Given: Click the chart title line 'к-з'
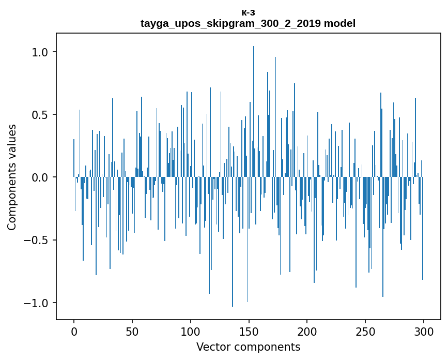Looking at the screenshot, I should pyautogui.click(x=248, y=12).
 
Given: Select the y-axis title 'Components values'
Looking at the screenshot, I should pyautogui.click(x=12, y=177).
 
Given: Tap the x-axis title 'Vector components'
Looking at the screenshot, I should pyautogui.click(x=248, y=347).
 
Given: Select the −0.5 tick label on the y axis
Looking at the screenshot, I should pyautogui.click(x=37, y=240).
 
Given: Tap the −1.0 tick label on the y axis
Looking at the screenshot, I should pyautogui.click(x=37, y=303).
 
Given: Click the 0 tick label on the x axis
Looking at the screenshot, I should pyautogui.click(x=74, y=331).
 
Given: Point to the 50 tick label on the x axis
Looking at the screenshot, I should pyautogui.click(x=132, y=331).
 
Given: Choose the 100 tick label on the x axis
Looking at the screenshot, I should pyautogui.click(x=191, y=331).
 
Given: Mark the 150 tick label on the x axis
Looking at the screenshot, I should pyautogui.click(x=249, y=331).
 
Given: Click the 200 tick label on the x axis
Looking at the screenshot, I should pyautogui.click(x=307, y=331).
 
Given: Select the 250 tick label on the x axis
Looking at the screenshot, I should pyautogui.click(x=365, y=331).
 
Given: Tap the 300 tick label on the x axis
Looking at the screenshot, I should pyautogui.click(x=424, y=331).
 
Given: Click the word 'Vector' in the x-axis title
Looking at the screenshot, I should pyautogui.click(x=212, y=347).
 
